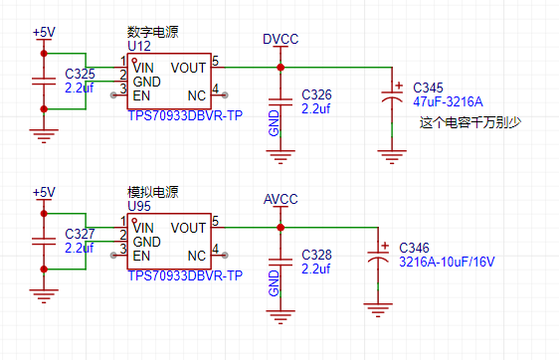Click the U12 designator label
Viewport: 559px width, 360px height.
coord(139,46)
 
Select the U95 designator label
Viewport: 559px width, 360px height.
coord(139,206)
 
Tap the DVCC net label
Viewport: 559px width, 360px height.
coord(280,39)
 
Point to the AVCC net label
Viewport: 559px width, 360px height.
coord(280,199)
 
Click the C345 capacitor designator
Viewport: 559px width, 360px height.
coord(428,88)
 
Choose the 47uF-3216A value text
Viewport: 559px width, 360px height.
coord(448,102)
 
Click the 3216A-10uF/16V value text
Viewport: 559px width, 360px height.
coord(447,262)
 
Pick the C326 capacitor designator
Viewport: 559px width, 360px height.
coord(316,94)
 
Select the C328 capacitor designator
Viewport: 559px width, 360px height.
coord(316,255)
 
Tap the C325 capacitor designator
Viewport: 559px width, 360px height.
coord(80,74)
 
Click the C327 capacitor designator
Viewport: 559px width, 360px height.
coord(80,234)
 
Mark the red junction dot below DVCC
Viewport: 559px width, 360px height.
coord(280,67)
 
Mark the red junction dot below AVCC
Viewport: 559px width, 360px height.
coord(280,227)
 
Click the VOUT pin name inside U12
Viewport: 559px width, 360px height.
coord(188,68)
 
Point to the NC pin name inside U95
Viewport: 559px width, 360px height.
coord(197,256)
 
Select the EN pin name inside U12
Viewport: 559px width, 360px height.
coord(141,95)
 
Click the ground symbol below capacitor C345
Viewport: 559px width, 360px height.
coord(392,157)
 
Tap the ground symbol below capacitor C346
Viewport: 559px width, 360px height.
coord(378,310)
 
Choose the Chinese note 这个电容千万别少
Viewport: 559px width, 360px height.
coord(470,122)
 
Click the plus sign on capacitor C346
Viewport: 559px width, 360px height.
coord(385,246)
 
